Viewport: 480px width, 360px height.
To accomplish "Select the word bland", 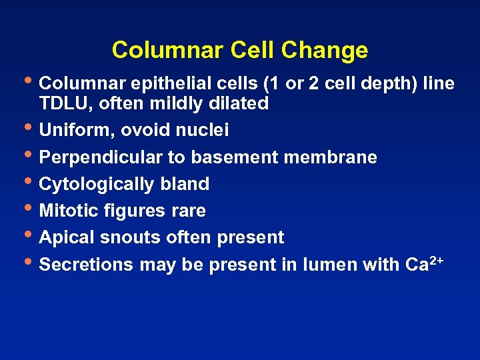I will tap(187, 184).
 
